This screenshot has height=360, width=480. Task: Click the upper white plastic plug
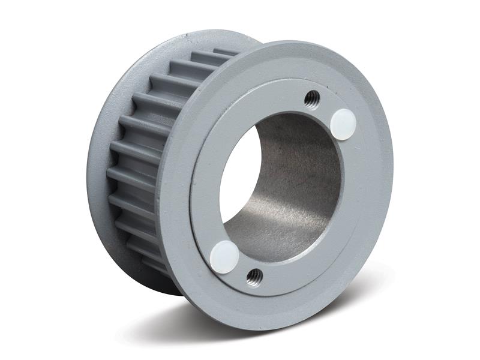(343, 124)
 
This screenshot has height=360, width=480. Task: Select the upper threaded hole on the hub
(311, 98)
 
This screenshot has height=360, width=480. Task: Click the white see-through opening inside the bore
(241, 180)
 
